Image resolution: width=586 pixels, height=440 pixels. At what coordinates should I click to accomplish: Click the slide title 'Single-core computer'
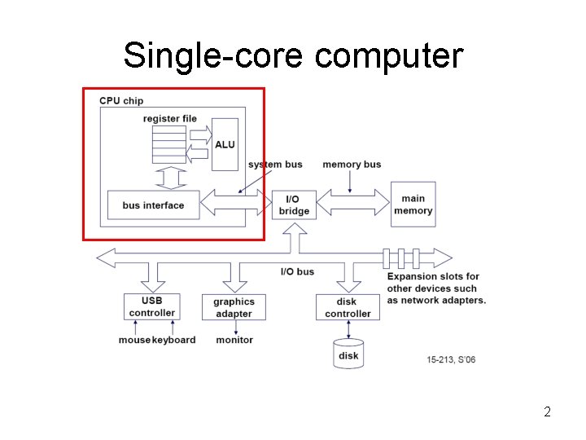coord(293,56)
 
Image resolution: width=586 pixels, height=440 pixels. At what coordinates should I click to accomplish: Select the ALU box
coord(225,144)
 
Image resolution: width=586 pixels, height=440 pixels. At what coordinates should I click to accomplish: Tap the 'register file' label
coord(170,119)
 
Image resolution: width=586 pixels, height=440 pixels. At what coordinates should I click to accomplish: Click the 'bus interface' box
coord(153,205)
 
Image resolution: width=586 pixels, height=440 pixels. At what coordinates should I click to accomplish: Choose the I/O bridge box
coord(294,205)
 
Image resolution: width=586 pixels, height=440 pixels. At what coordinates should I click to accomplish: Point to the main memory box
coord(413,205)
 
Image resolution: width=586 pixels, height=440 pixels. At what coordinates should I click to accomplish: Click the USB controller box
coord(152,306)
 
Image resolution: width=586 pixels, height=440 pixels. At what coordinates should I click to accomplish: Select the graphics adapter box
coord(234,307)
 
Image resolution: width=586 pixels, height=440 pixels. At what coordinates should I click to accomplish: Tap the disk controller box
coord(348,307)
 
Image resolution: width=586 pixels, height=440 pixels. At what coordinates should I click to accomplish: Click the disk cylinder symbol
coord(348,354)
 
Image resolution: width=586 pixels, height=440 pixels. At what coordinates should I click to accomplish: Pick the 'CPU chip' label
coord(121,101)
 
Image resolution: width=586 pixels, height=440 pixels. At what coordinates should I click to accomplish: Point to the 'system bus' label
coord(275,165)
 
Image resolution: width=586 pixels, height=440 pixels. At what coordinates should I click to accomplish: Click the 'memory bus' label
coord(352,165)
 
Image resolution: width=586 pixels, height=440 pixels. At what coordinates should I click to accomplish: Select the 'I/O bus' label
coord(297,271)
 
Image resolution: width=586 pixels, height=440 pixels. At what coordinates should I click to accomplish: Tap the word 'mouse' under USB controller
coord(134,340)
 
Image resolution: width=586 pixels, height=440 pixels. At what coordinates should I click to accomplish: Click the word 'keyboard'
coord(173,340)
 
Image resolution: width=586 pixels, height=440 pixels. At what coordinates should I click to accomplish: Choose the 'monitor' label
coord(234,340)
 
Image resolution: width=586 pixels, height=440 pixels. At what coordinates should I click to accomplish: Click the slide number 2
coord(547,411)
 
